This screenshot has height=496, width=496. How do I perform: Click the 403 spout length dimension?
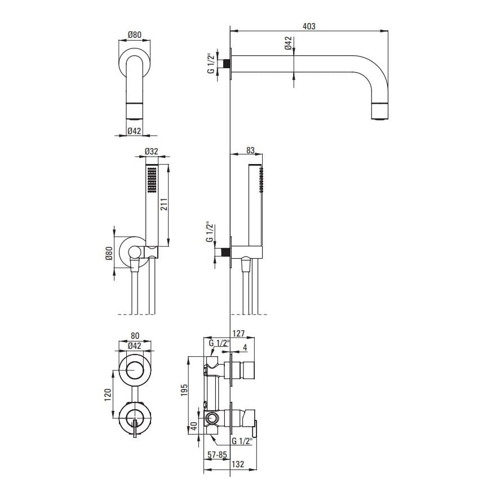309,26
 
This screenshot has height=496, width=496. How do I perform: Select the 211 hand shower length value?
163,205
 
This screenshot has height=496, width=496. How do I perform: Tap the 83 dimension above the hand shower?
250,150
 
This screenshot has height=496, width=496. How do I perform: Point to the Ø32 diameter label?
152,152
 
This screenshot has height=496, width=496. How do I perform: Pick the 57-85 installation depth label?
218,454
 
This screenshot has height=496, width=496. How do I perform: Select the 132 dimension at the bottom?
238,464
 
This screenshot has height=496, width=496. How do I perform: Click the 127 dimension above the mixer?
239,334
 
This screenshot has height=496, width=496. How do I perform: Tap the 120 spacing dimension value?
108,395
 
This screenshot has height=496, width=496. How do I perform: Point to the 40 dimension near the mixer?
194,426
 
